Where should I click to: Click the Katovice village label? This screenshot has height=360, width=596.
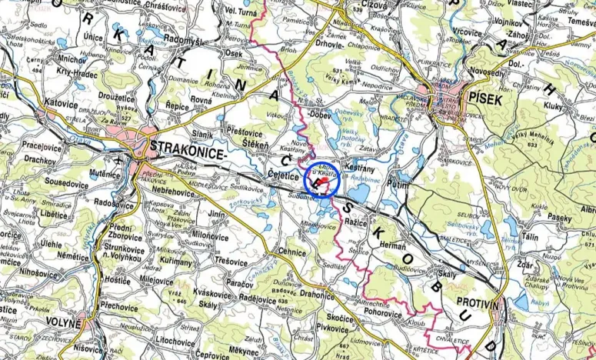tap(62, 101)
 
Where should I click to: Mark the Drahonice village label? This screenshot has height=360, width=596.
tap(317, 294)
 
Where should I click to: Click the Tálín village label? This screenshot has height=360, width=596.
tap(530, 238)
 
